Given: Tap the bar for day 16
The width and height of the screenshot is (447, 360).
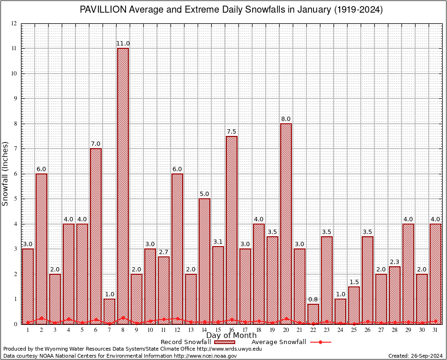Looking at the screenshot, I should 231,230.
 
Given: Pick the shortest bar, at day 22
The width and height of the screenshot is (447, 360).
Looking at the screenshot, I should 313,314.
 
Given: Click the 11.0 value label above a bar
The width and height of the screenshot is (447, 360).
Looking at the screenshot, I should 123,44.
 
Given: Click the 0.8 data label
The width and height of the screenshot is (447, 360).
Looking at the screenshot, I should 313,300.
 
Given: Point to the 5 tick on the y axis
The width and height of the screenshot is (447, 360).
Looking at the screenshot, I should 15,199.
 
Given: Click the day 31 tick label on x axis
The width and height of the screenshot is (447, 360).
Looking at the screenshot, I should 435,330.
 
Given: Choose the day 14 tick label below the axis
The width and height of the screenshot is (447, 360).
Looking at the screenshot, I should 204,330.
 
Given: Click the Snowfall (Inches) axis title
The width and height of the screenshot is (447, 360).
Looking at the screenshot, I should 6,173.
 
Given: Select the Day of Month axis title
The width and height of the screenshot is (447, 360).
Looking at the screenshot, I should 231,335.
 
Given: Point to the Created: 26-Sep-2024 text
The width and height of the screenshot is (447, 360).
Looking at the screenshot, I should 415,356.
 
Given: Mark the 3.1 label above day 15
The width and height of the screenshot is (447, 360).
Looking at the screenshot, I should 218,242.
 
